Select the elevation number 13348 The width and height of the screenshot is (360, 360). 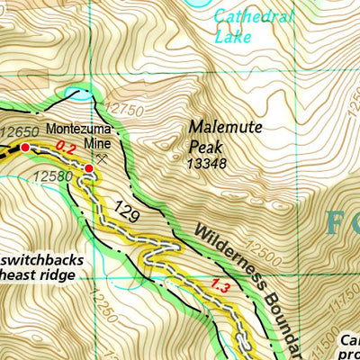207,164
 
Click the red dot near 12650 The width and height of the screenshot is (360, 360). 24,148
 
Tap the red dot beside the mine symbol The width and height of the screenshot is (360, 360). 89,168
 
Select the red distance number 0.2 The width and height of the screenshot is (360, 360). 65,146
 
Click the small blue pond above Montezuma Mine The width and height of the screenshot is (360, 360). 77,94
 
